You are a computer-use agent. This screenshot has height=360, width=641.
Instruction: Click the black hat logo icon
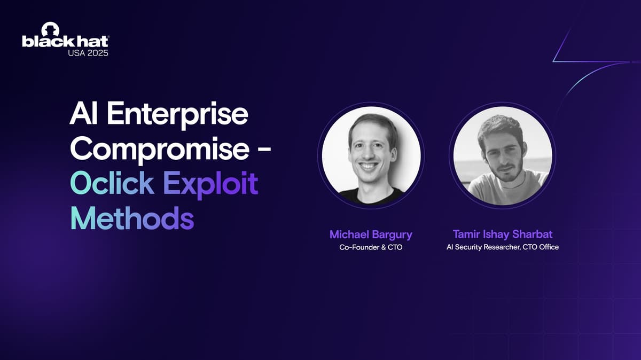50,29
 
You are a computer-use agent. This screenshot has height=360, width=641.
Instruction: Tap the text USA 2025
88,53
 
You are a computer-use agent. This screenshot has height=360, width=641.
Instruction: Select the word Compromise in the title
159,150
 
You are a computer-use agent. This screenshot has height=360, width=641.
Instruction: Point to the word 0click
112,183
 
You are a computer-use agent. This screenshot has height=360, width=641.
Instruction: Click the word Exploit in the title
211,185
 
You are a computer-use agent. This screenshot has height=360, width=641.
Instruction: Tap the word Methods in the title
132,218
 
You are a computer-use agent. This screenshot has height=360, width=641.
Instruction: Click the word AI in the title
84,113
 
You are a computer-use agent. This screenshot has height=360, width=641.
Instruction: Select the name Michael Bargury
371,235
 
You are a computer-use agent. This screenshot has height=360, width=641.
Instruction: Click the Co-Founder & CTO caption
371,247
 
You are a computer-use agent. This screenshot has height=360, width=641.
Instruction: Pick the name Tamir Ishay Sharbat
503,234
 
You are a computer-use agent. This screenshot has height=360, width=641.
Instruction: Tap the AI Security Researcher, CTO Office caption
503,247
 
